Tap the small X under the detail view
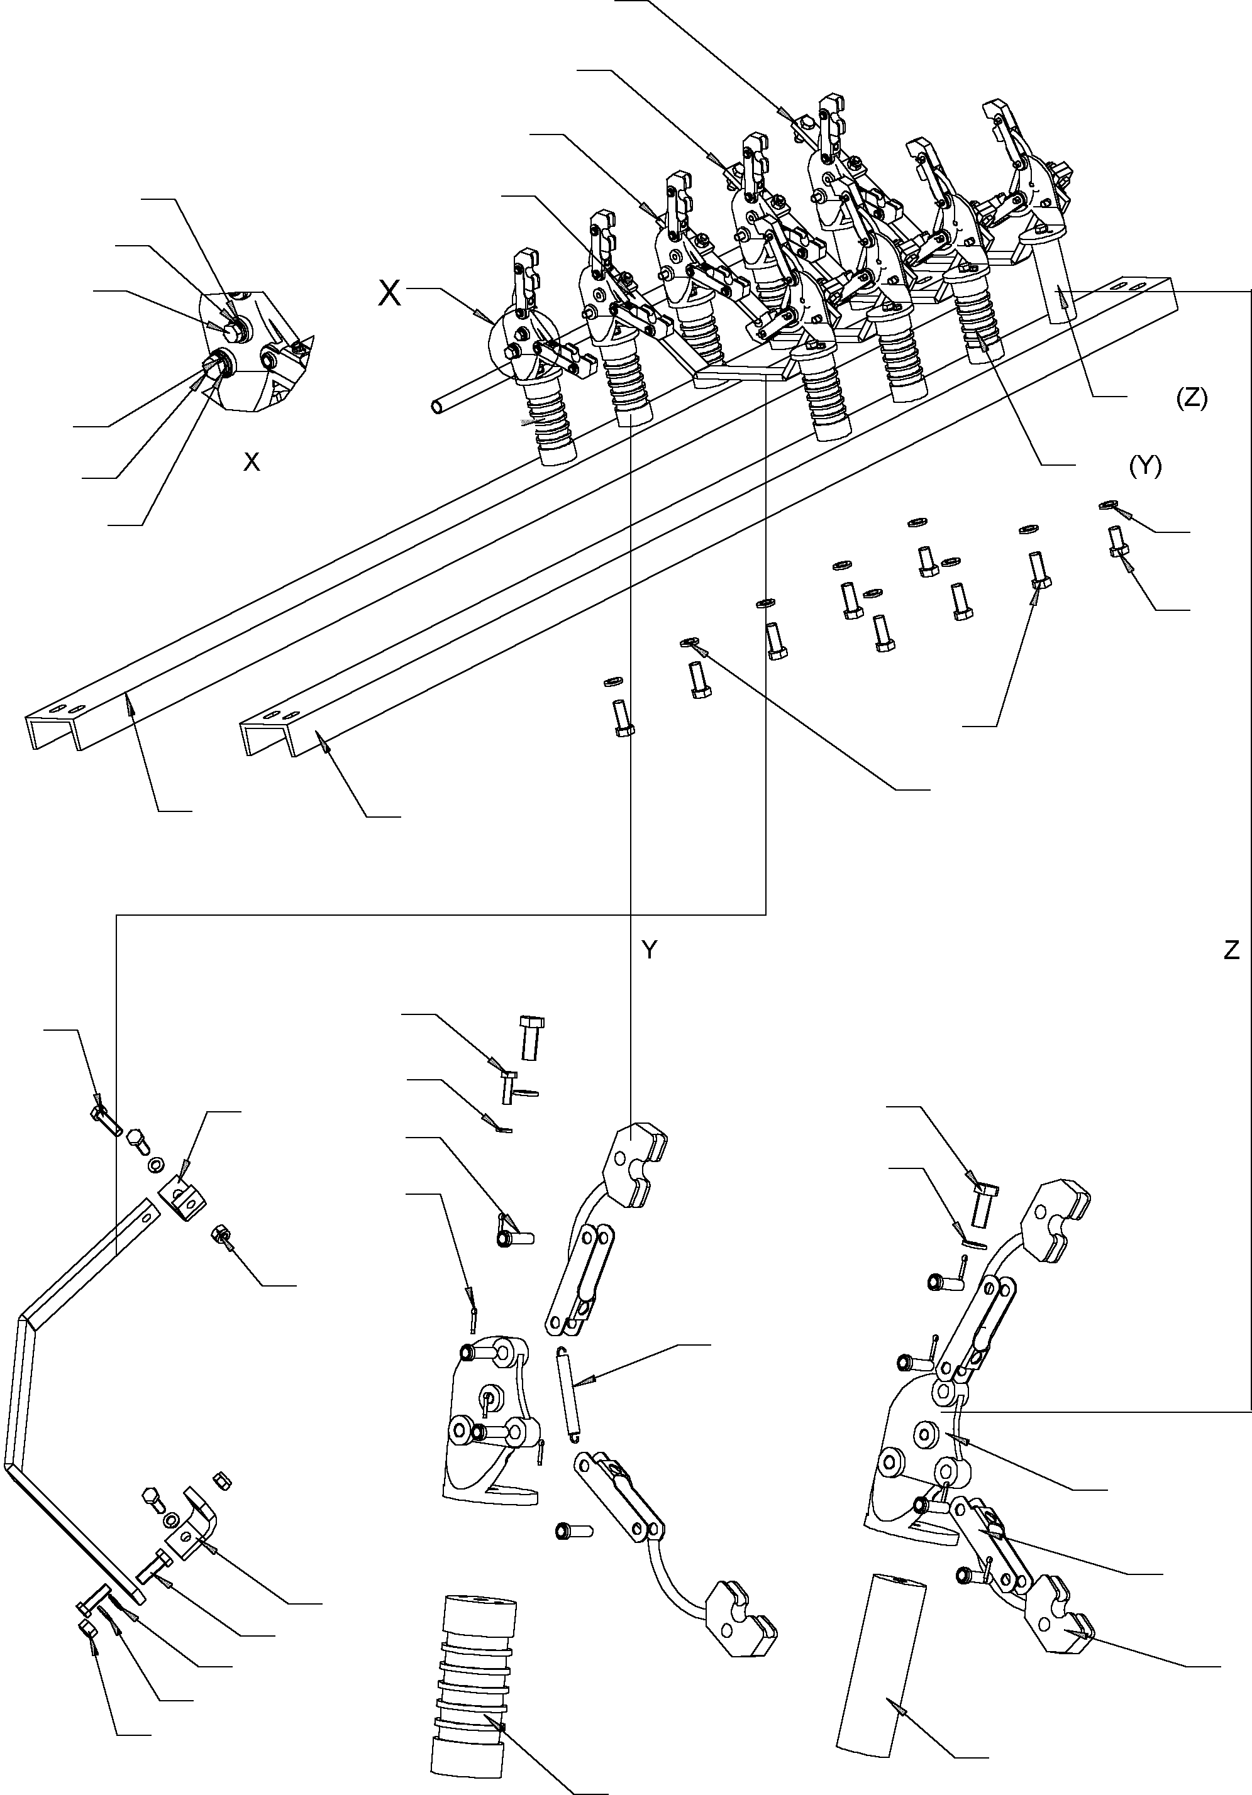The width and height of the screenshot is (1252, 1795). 251,462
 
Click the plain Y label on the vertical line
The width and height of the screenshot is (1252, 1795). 649,950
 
